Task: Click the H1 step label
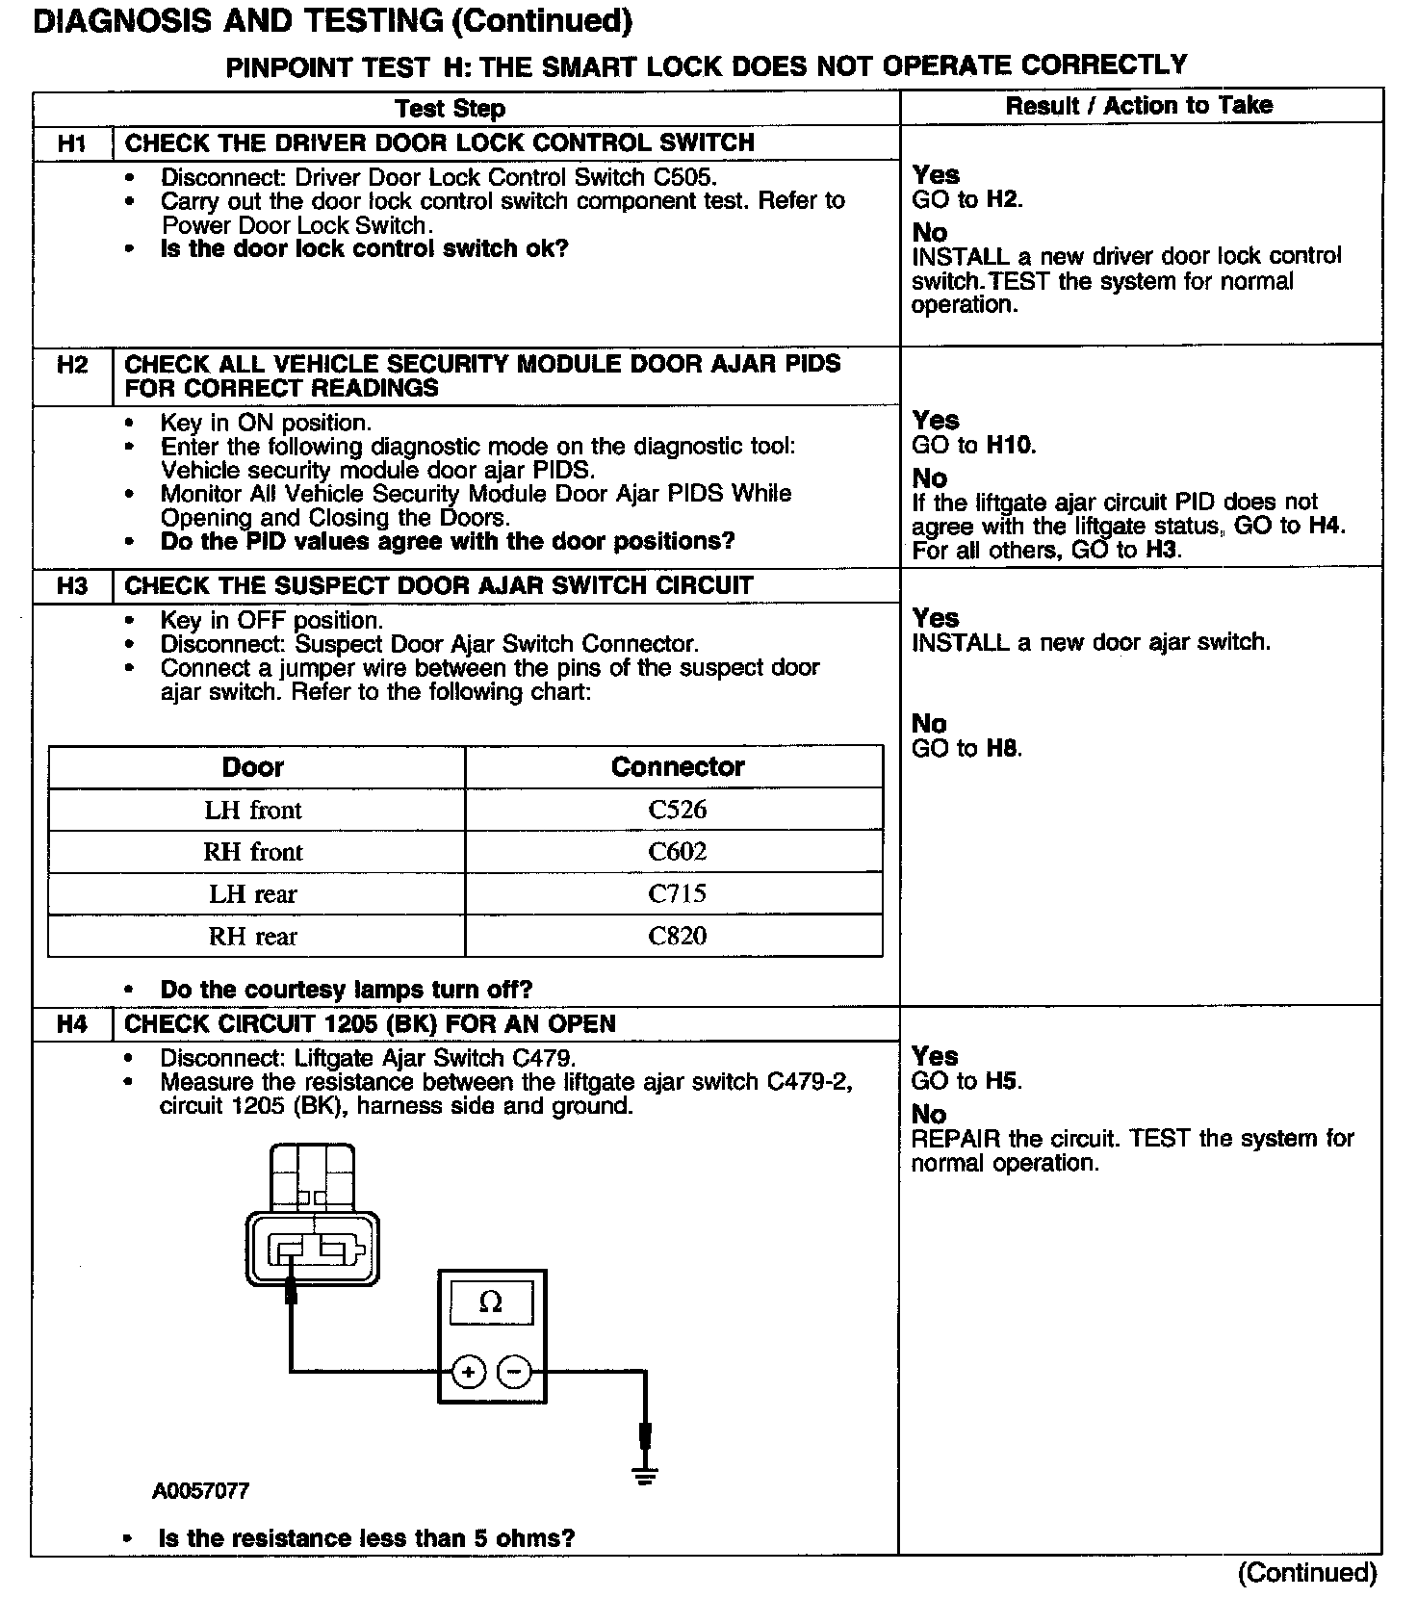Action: [72, 143]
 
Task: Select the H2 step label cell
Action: [72, 365]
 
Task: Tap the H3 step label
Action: [72, 586]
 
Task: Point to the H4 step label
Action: [72, 1024]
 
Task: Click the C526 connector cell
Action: [677, 810]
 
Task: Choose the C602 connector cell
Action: [677, 852]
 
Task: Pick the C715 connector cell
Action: [677, 894]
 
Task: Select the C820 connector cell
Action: [677, 936]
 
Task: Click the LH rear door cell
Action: [253, 894]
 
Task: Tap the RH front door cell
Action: [253, 852]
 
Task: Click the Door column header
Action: [253, 767]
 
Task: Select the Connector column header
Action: [677, 767]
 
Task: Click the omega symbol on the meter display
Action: [491, 1303]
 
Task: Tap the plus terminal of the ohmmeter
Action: [469, 1372]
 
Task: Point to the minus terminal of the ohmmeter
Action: [515, 1372]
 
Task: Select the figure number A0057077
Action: [200, 1491]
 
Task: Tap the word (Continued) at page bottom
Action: [1307, 1573]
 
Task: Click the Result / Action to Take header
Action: [1139, 106]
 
